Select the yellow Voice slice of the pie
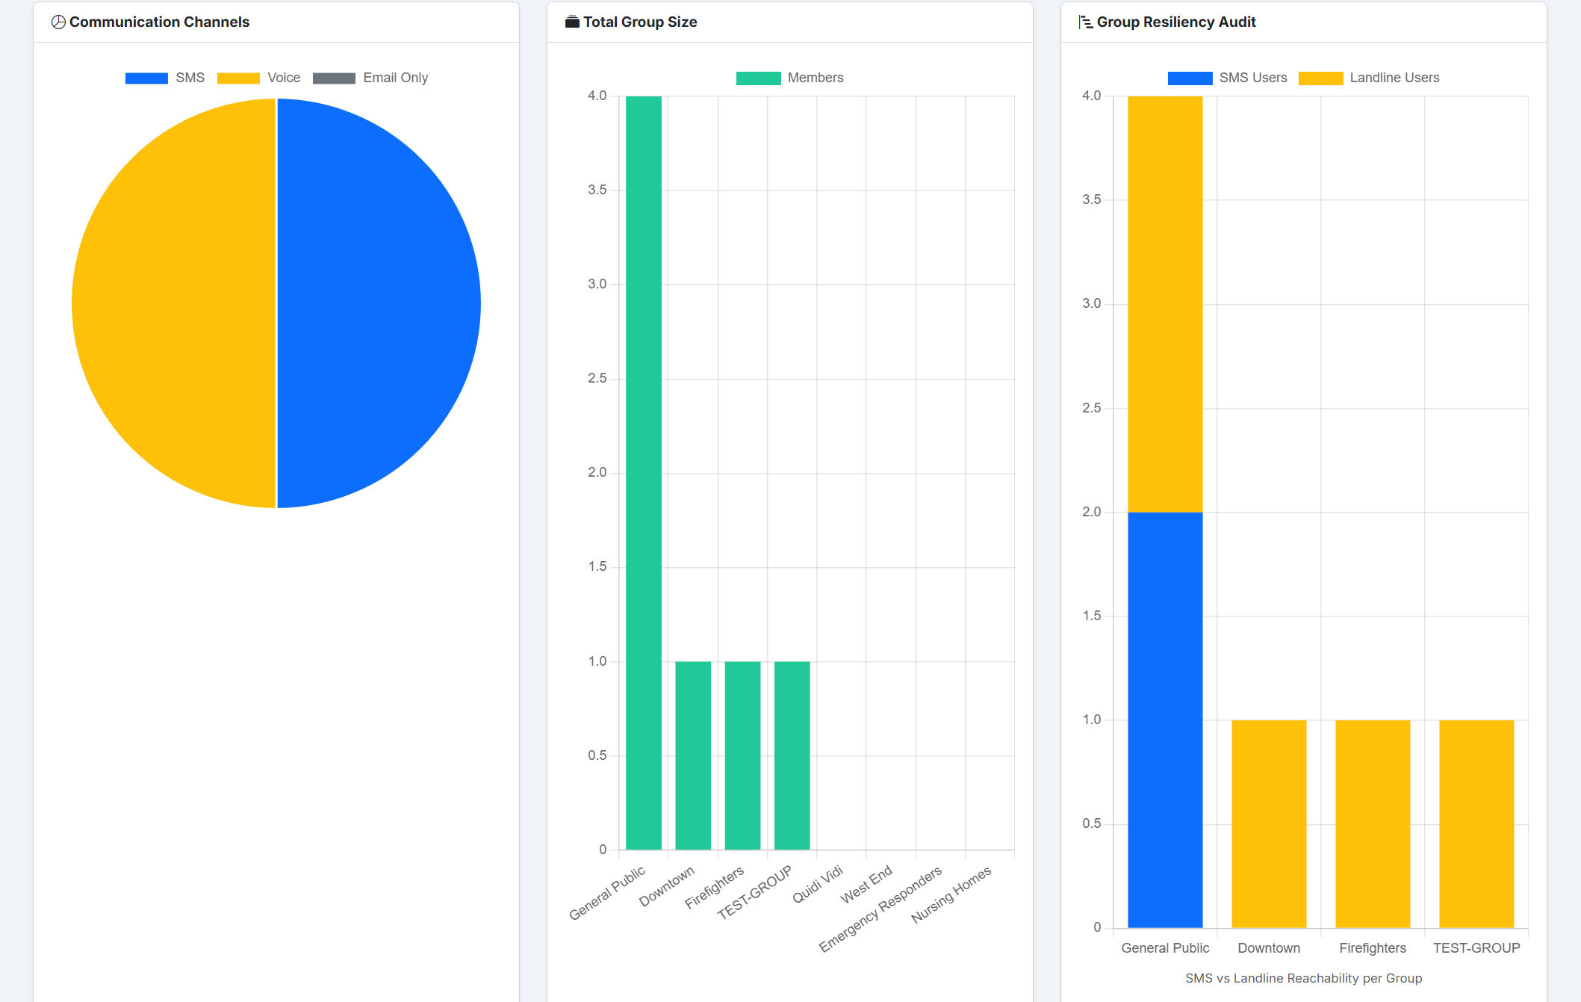click(x=174, y=303)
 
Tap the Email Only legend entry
click(x=370, y=78)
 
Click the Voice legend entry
click(x=258, y=78)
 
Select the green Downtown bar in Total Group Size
click(x=693, y=755)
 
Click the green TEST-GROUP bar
click(x=792, y=755)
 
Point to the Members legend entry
click(x=789, y=78)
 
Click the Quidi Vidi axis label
click(x=818, y=884)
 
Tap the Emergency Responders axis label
click(x=880, y=909)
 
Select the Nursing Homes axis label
click(x=951, y=894)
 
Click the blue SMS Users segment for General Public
click(x=1165, y=719)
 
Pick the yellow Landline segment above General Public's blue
click(x=1165, y=303)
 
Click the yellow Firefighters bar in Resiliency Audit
click(x=1373, y=823)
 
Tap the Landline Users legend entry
click(x=1369, y=78)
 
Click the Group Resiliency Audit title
click(x=1175, y=22)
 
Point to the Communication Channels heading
click(x=159, y=22)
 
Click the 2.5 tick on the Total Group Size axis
click(x=597, y=378)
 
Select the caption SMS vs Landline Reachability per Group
click(x=1303, y=978)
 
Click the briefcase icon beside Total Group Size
click(x=572, y=22)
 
